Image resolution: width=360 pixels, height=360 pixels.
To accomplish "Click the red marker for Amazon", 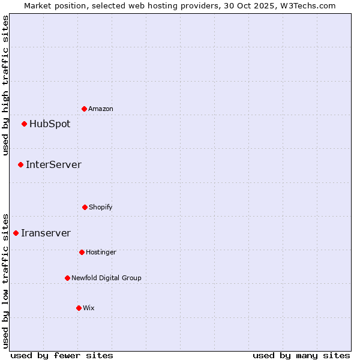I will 84,109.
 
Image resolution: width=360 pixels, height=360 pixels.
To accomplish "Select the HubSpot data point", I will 24,124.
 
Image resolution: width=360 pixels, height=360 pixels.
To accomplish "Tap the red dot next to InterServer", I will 20,164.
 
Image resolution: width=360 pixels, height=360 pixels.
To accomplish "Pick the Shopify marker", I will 85,207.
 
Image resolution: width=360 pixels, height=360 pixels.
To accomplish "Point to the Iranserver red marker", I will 16,233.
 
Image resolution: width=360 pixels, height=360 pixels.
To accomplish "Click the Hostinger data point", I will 82,252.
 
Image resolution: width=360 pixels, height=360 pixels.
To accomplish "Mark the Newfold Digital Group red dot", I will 67,278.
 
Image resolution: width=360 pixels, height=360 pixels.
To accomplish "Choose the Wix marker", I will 79,308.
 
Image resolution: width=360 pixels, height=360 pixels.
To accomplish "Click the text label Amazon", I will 101,109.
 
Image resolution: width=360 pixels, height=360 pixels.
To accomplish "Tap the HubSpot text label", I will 50,124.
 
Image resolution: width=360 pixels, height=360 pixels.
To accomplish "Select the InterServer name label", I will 53,164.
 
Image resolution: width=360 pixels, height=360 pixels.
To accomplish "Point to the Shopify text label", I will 101,207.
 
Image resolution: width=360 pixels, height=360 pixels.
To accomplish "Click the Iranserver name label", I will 46,233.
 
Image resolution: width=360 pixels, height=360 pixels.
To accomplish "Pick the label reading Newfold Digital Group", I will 106,278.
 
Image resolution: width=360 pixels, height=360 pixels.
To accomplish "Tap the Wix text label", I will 89,308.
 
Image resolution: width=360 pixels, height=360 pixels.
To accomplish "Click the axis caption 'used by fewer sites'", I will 62,355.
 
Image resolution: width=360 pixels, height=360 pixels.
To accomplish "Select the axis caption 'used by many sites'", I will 301,355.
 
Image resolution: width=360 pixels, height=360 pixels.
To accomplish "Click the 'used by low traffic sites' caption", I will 5,281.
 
